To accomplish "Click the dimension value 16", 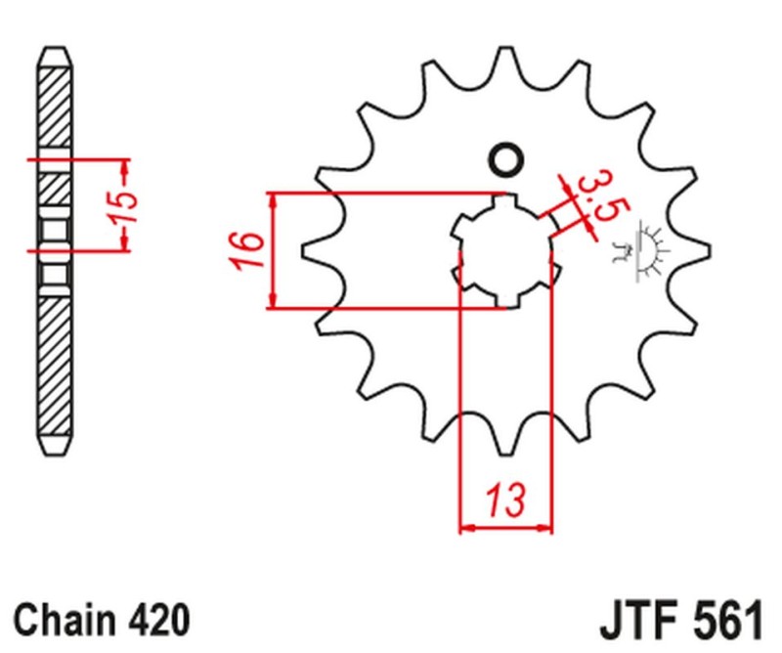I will click(249, 251).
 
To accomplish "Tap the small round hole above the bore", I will click(505, 159).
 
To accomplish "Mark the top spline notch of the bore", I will click(505, 202).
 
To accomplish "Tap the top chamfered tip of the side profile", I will click(55, 53).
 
